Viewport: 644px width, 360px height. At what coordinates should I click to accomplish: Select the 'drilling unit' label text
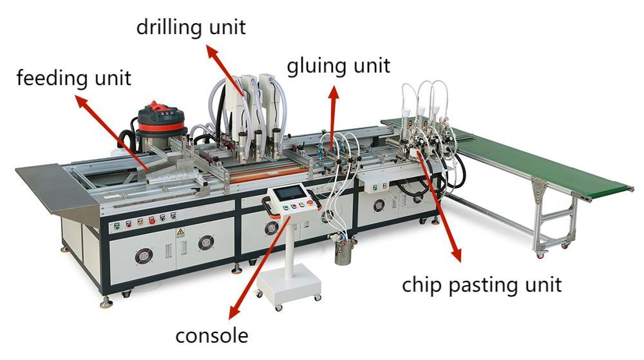pos(191,28)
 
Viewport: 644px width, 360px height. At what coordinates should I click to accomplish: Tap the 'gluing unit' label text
pos(339,65)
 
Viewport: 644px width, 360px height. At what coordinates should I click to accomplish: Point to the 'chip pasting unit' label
pos(482,284)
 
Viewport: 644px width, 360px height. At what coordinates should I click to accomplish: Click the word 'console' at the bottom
pos(212,336)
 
